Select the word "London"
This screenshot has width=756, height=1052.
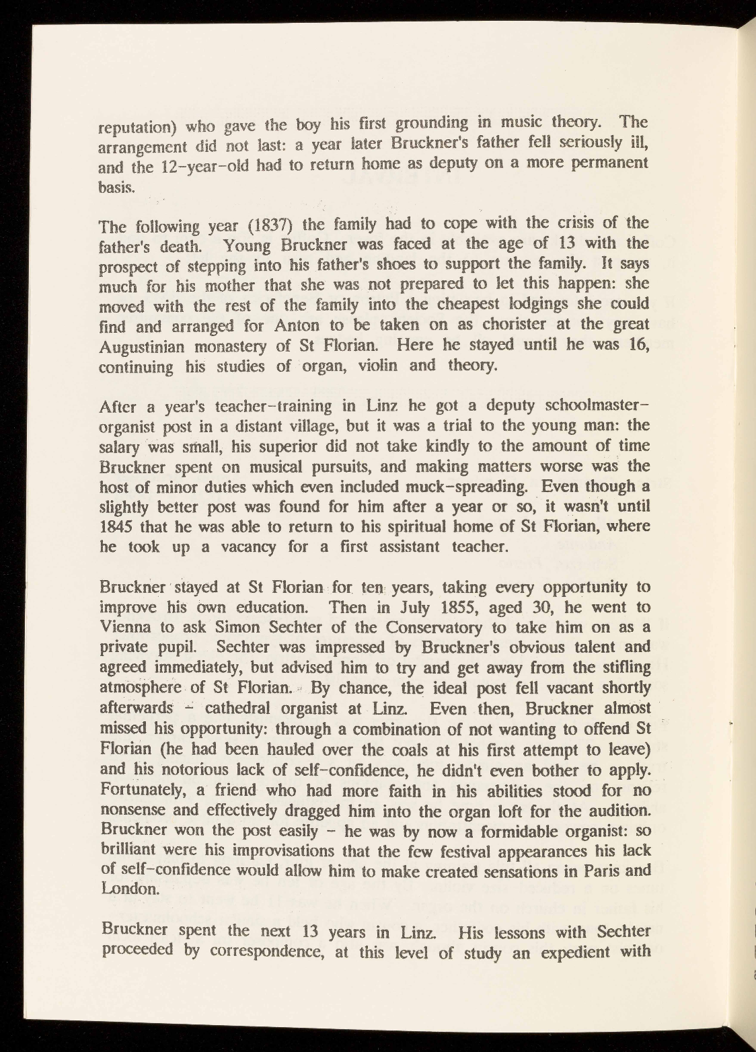pos(127,889)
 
